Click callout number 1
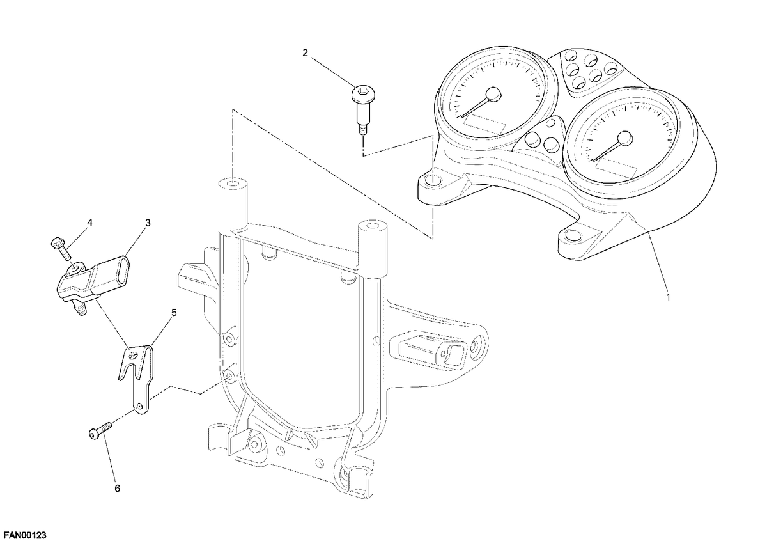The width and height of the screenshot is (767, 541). click(x=668, y=298)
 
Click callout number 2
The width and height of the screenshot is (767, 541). click(x=305, y=53)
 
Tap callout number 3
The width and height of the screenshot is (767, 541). click(x=148, y=223)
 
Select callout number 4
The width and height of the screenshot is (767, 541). click(x=89, y=223)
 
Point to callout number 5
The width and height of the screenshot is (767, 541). click(x=174, y=313)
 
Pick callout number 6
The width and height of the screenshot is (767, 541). click(x=117, y=489)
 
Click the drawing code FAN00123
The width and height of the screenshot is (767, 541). click(x=24, y=535)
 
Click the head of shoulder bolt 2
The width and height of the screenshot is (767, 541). click(x=363, y=93)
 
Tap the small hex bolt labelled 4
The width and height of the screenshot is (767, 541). click(x=61, y=249)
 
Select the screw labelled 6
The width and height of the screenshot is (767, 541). click(x=101, y=430)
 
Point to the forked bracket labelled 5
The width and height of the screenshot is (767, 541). click(x=137, y=379)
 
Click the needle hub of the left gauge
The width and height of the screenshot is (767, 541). click(x=493, y=94)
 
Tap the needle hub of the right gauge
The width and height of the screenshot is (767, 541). click(x=625, y=139)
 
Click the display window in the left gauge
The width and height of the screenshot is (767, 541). click(x=484, y=124)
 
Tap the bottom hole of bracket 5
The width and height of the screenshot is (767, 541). click(x=139, y=406)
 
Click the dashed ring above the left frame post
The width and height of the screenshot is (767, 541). click(x=233, y=184)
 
